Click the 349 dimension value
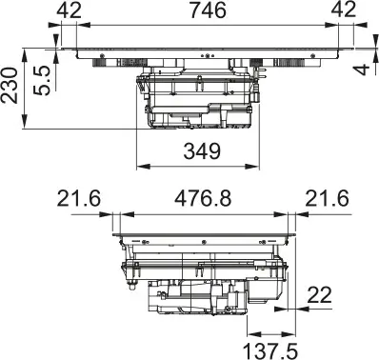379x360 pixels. pyautogui.click(x=200, y=151)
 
